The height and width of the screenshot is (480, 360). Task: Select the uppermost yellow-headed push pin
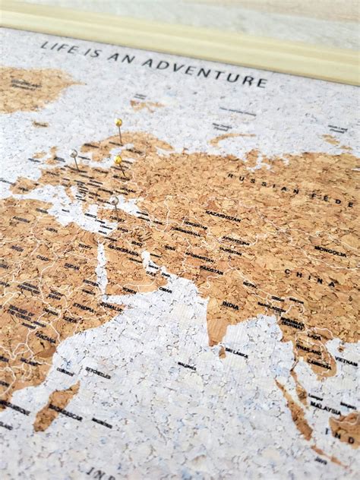118,122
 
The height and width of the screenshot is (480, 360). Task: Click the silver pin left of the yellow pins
74,154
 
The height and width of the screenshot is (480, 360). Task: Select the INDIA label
232,305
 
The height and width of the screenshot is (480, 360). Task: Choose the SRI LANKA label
237,352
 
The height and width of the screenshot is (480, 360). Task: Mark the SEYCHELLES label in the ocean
98,373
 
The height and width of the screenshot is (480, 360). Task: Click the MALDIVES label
187,366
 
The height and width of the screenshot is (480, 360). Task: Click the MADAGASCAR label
66,412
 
